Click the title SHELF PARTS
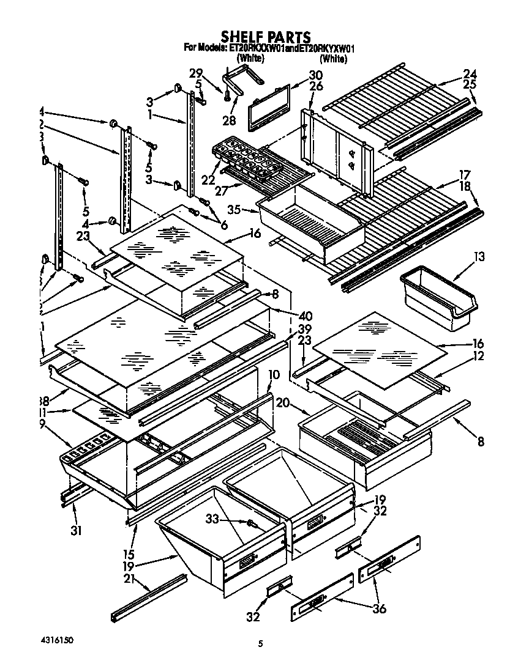[265, 37]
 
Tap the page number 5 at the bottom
[260, 643]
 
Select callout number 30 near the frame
[315, 75]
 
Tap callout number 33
[211, 519]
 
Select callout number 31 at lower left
[76, 530]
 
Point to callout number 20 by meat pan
[283, 402]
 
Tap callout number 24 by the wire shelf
[470, 73]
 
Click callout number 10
[274, 374]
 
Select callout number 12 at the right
[478, 357]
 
